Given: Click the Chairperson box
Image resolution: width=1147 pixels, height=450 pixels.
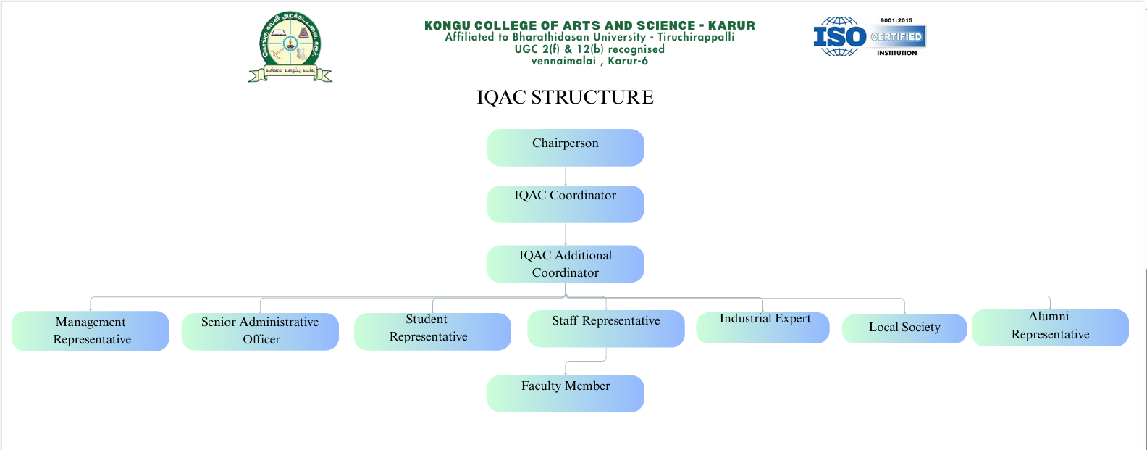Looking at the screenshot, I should tap(565, 147).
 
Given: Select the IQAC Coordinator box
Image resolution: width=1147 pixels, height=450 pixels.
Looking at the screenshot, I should tap(565, 204).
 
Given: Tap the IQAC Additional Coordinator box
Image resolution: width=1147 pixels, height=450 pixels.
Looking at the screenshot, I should tap(565, 264).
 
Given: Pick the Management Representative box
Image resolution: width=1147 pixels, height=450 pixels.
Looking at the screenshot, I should tap(91, 331).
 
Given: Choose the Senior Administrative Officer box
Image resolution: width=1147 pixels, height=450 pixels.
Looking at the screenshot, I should tap(260, 331).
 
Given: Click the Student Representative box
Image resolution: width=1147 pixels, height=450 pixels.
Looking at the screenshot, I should tap(432, 331).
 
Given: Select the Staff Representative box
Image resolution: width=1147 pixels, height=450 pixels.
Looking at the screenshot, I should tap(605, 328).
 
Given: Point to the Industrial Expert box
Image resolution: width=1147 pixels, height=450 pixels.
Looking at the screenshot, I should tap(762, 328).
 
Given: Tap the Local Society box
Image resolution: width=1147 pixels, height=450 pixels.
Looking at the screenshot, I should tap(904, 328).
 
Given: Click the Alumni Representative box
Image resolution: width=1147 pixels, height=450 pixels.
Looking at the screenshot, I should tap(1050, 328).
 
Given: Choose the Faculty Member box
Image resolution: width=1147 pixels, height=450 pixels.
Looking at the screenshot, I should tap(565, 393).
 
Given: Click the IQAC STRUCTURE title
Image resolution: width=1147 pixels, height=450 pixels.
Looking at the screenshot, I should tap(565, 97).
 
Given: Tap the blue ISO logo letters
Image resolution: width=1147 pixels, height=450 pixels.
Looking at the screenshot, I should tap(839, 36).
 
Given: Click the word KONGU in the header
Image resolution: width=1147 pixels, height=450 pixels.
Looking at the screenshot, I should tap(447, 25).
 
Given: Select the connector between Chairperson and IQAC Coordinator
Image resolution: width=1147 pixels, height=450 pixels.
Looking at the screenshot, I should tap(566, 176).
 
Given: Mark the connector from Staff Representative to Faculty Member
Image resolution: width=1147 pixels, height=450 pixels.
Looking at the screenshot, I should tap(605, 355).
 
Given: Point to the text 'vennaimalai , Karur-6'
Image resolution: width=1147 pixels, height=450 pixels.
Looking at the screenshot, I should tap(589, 61).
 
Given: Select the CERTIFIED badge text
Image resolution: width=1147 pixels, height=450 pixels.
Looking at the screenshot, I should tap(896, 36).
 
